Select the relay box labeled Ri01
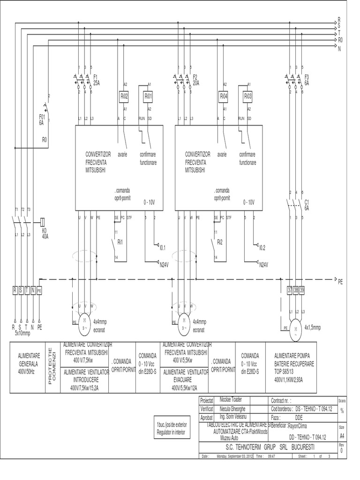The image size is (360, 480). pyautogui.click(x=148, y=96)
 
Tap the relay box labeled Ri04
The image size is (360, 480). pyautogui.click(x=223, y=96)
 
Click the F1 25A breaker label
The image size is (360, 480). pyautogui.click(x=97, y=79)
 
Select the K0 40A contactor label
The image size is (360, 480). pyautogui.click(x=45, y=233)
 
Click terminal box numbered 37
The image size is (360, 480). pyautogui.click(x=290, y=291)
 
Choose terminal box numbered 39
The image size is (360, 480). pyautogui.click(x=302, y=291)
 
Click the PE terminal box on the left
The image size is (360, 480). pyautogui.click(x=39, y=291)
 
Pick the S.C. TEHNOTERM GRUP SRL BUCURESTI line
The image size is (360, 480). pyautogui.click(x=266, y=447)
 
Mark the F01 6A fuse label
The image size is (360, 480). pyautogui.click(x=41, y=120)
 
